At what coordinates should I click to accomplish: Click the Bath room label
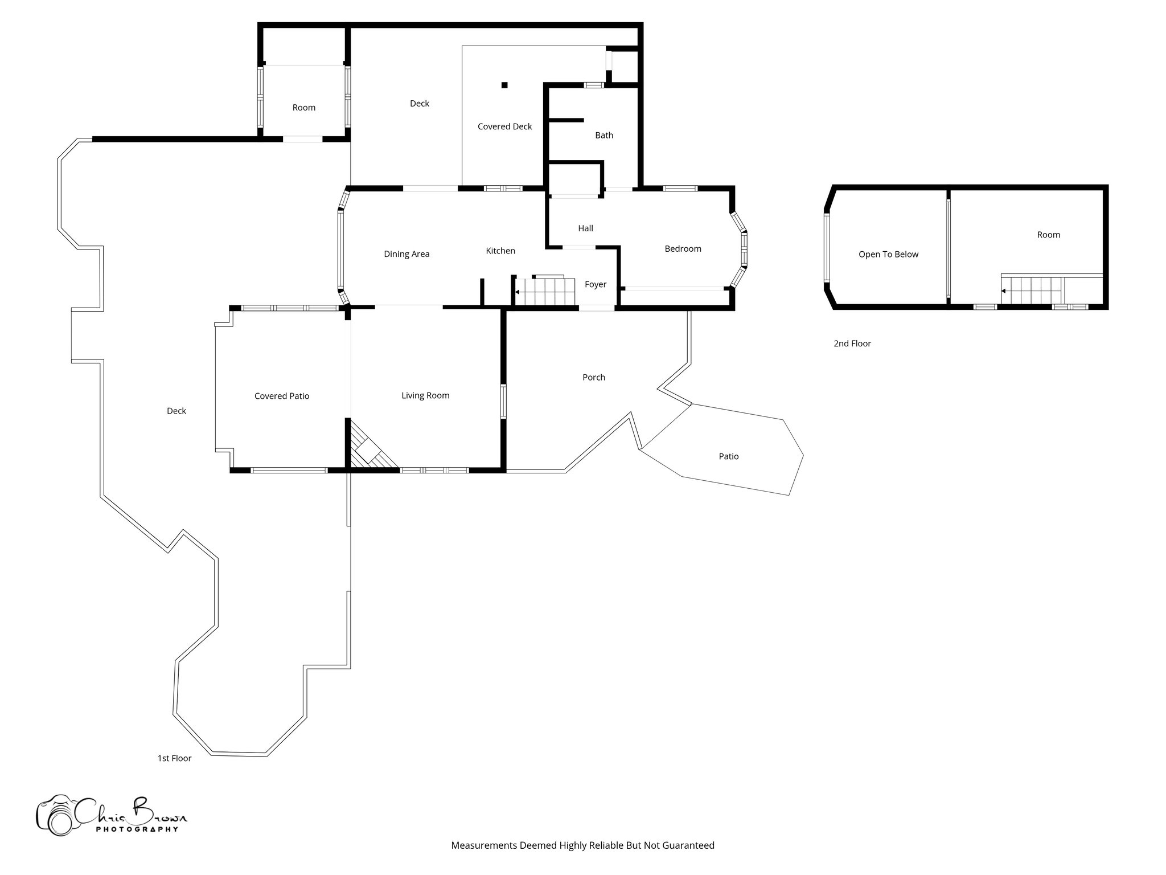(604, 136)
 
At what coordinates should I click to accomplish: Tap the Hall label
(585, 228)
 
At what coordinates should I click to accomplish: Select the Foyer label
(596, 285)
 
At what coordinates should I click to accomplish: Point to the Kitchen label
(500, 251)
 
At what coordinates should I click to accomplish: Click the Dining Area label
(407, 254)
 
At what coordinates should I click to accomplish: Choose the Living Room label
(425, 396)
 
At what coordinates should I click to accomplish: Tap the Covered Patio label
(282, 396)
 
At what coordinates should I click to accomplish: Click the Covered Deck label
(504, 126)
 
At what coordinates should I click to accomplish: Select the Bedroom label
(683, 249)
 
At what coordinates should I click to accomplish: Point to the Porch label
(594, 378)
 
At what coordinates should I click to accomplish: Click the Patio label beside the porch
(729, 456)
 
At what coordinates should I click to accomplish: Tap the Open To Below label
(888, 255)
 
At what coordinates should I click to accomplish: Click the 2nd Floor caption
(852, 344)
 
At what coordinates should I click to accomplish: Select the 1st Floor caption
(174, 758)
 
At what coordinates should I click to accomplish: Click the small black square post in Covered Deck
(504, 85)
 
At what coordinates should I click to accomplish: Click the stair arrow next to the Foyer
(517, 292)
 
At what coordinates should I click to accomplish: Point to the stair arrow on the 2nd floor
(1003, 291)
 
